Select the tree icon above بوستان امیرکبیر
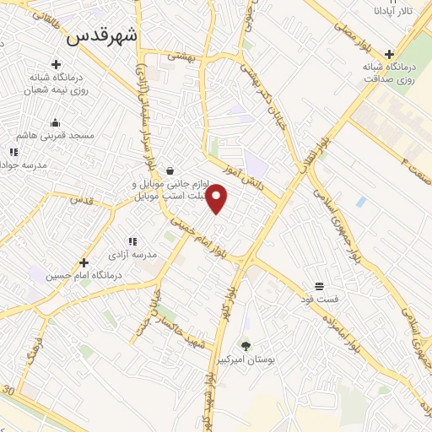click(246, 345)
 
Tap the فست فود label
click(321, 299)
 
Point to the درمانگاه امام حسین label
click(84, 276)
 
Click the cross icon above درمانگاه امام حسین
click(84, 262)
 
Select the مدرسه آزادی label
click(133, 254)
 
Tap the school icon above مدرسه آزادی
click(132, 241)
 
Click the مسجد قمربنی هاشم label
click(55, 135)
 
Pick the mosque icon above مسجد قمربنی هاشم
click(55, 121)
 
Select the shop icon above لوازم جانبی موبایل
click(170, 170)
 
